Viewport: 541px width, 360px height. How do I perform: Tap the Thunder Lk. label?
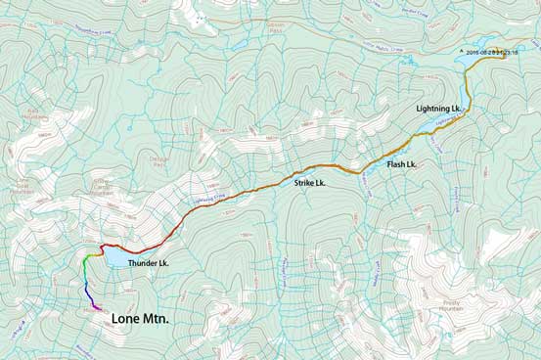(149, 263)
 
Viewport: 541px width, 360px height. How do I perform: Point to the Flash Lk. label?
(401, 164)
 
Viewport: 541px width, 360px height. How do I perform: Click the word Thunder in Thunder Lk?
(142, 263)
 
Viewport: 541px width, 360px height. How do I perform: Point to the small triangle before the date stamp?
(461, 51)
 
